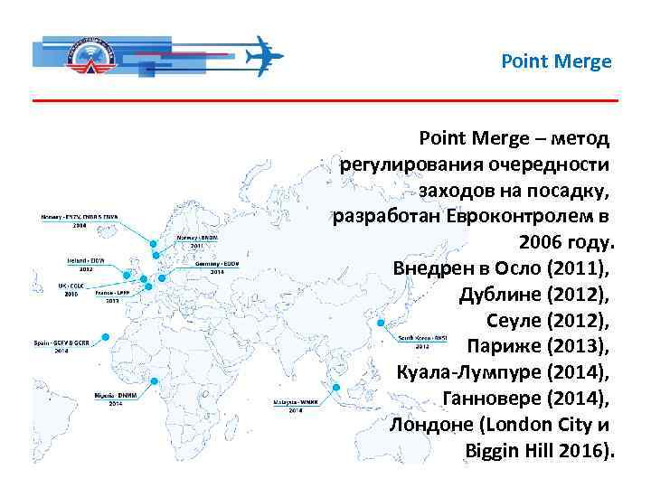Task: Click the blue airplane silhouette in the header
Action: (x=265, y=55)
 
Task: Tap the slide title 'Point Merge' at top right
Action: (x=556, y=62)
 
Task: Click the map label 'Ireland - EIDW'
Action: (x=86, y=259)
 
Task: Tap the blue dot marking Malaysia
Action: (x=335, y=388)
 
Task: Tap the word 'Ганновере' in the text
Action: (x=492, y=398)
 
